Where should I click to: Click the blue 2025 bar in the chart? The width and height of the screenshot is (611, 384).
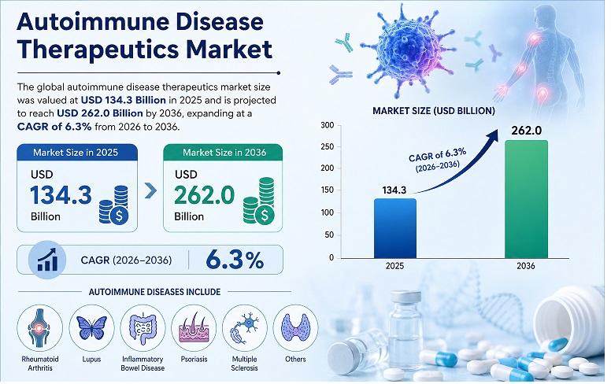[x=395, y=228]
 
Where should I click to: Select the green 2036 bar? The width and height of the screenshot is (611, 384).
[x=526, y=199]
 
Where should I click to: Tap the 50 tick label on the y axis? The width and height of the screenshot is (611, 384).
[x=330, y=234]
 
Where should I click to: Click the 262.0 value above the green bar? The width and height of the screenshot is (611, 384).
[x=527, y=131]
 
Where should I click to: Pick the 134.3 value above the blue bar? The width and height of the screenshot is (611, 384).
[x=394, y=190]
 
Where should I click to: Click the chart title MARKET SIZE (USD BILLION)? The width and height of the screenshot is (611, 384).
[x=433, y=111]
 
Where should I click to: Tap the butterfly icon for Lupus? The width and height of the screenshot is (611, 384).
[x=91, y=327]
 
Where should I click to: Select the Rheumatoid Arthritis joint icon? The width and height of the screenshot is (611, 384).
[x=39, y=327]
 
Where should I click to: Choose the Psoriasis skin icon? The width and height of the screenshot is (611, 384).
[x=194, y=327]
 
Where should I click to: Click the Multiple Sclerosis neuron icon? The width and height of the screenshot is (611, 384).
[x=245, y=327]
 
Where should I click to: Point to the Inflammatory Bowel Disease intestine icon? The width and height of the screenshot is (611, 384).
[x=143, y=327]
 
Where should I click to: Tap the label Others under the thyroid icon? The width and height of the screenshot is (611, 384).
[x=295, y=359]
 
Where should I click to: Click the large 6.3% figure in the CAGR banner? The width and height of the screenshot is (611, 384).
[x=235, y=260]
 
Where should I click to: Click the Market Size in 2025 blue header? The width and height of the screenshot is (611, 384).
[x=76, y=153]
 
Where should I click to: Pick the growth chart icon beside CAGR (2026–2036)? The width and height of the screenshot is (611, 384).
[x=47, y=260]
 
